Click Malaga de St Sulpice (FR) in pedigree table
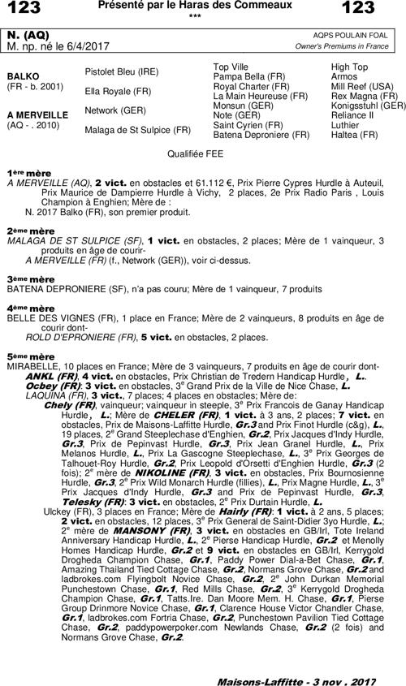(x=137, y=129)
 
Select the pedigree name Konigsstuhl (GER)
(x=369, y=106)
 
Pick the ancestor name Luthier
(x=345, y=125)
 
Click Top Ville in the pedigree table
(x=231, y=67)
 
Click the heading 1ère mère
(x=27, y=174)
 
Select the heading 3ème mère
(x=27, y=279)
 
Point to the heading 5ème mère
(x=27, y=356)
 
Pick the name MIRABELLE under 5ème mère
(x=32, y=367)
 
